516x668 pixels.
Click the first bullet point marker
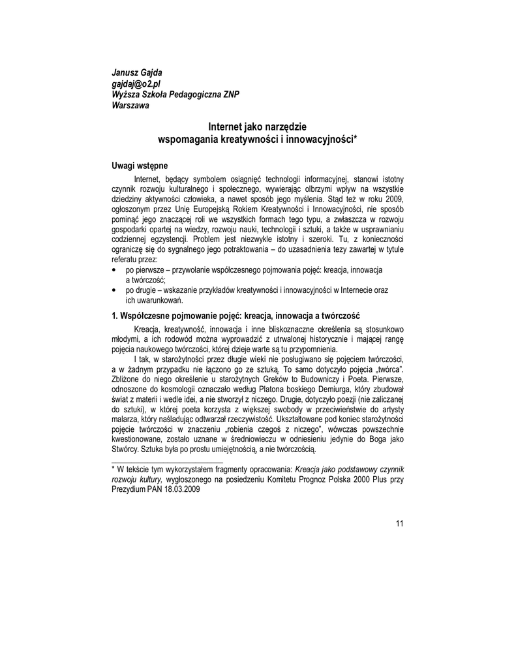(114, 269)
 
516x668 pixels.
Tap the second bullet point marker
(114, 290)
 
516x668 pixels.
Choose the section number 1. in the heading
(115, 316)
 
